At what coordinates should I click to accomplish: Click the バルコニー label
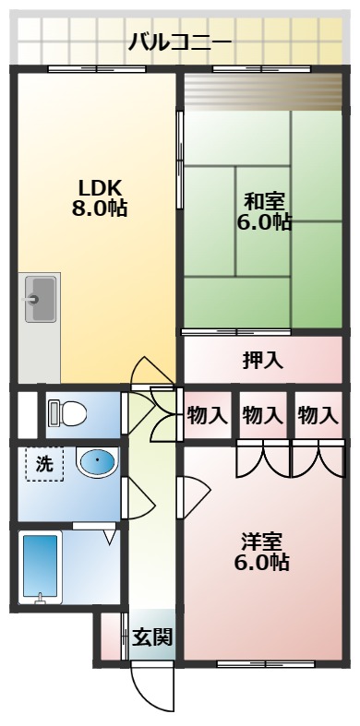coord(180,42)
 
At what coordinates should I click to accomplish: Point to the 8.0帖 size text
coord(99,208)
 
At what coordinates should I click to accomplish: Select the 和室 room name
coord(265,199)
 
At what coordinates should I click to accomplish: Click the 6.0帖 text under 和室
coord(265,221)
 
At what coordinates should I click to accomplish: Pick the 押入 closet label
coord(263,361)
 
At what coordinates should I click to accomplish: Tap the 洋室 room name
coord(263,539)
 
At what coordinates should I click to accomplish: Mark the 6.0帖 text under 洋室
coord(263,561)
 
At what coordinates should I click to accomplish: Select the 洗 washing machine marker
coord(44,464)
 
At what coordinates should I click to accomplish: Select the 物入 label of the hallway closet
coord(207,415)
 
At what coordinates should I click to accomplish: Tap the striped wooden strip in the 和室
coord(263,91)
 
